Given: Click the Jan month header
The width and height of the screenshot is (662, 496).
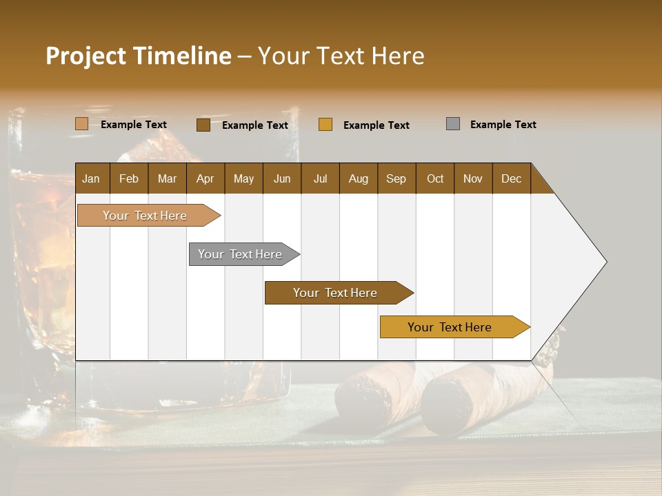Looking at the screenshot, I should (x=91, y=178).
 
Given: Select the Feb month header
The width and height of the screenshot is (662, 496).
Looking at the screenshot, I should (x=129, y=178).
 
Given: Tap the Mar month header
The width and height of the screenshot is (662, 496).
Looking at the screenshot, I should (x=167, y=178).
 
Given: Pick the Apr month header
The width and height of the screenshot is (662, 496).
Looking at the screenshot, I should (x=205, y=178).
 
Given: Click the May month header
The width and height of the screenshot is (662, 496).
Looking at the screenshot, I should (x=243, y=178).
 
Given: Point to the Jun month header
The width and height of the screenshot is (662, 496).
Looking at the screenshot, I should (x=282, y=178).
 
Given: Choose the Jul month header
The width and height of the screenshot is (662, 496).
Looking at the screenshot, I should (x=320, y=178).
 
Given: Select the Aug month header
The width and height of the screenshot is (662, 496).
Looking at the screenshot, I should (x=358, y=178).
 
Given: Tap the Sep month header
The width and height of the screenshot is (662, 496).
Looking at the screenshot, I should (x=396, y=178).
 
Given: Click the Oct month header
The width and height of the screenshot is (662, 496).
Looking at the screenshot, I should (x=435, y=178).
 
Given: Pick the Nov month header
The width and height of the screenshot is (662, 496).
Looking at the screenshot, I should (x=473, y=178).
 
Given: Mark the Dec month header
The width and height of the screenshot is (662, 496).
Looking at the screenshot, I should (x=511, y=178).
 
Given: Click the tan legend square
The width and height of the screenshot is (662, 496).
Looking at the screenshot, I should (x=82, y=124).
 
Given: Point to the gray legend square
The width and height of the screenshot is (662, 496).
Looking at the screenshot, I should (x=453, y=124).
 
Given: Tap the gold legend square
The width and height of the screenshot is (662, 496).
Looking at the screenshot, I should (x=325, y=124).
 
